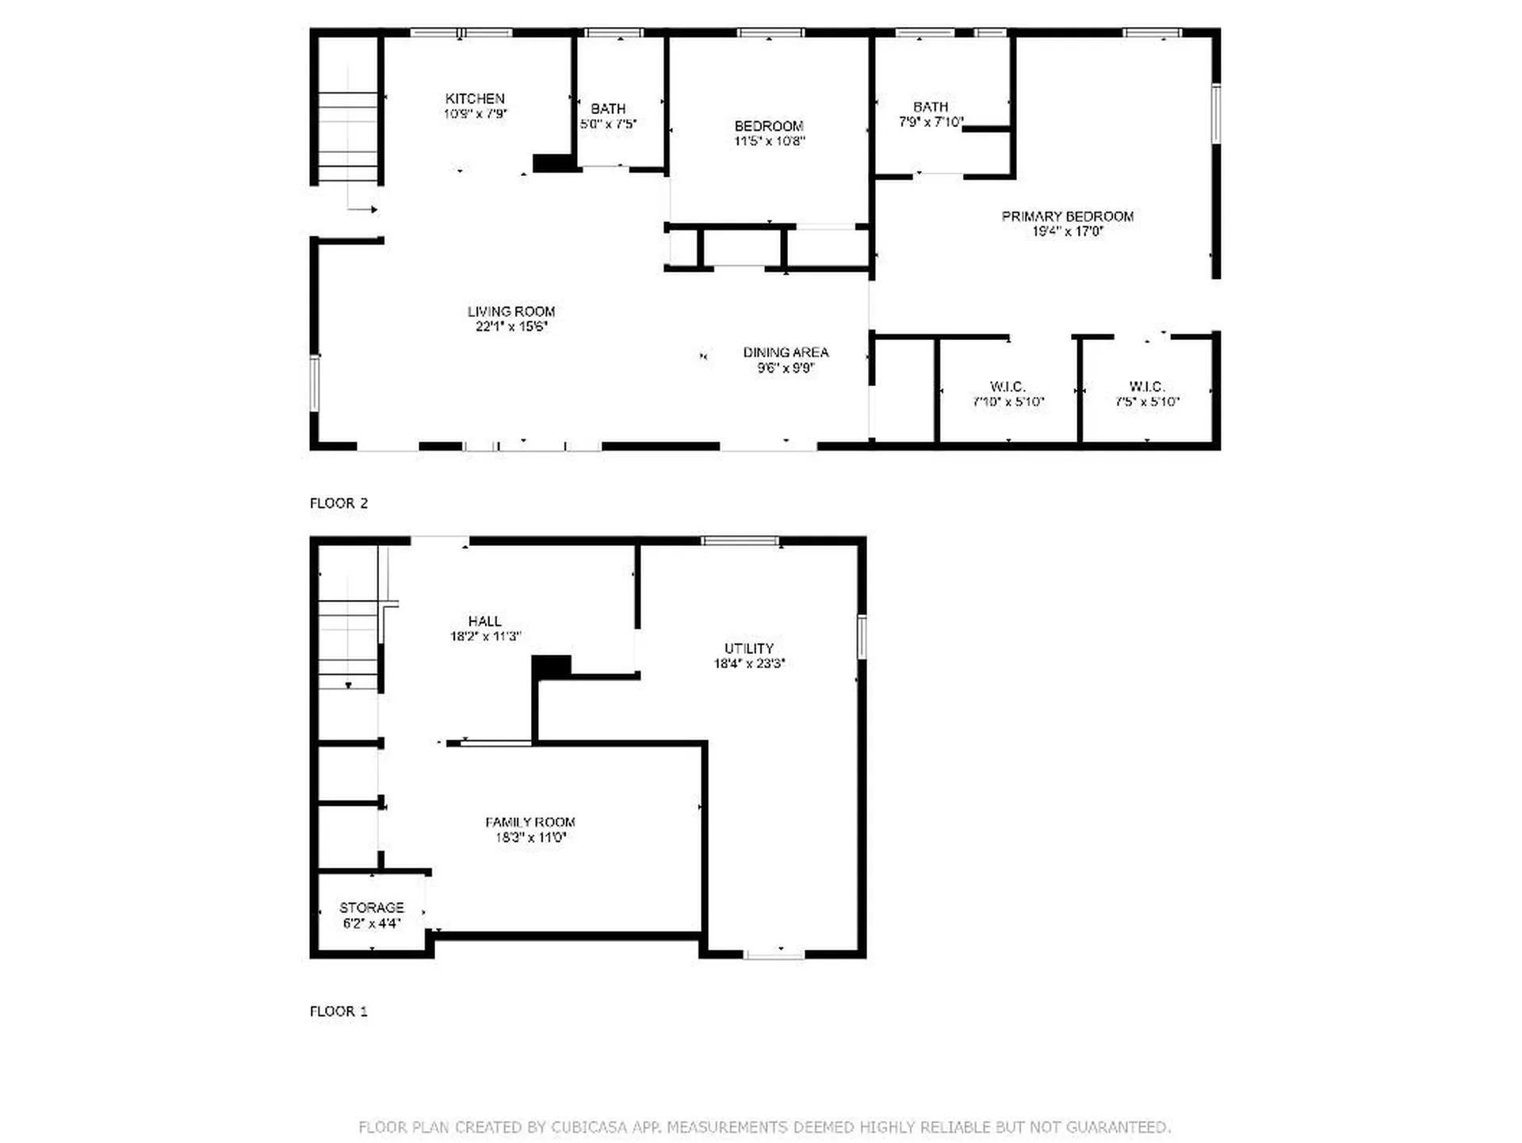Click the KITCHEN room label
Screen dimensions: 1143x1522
coord(475,98)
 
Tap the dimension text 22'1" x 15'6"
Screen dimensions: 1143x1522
coord(511,327)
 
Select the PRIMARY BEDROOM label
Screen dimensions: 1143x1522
coord(1067,216)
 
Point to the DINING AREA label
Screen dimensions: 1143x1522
coord(786,352)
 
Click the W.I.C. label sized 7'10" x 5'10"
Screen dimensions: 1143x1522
coord(1008,387)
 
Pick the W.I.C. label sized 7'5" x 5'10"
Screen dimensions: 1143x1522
coord(1146,387)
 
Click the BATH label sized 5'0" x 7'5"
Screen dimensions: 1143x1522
coord(608,109)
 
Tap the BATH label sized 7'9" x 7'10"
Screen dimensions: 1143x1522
coord(930,107)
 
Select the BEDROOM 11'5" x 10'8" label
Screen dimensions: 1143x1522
coord(768,126)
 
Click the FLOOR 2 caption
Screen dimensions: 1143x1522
coord(338,503)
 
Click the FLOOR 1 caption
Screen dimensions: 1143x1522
coord(338,1011)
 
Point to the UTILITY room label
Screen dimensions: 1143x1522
coord(748,648)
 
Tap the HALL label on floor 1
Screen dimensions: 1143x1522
coord(484,621)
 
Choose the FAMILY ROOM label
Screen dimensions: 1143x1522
coord(530,822)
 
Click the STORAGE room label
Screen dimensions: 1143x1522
coord(371,908)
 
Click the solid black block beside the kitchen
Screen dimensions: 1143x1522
coord(553,163)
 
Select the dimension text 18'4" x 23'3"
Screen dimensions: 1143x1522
coord(748,664)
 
